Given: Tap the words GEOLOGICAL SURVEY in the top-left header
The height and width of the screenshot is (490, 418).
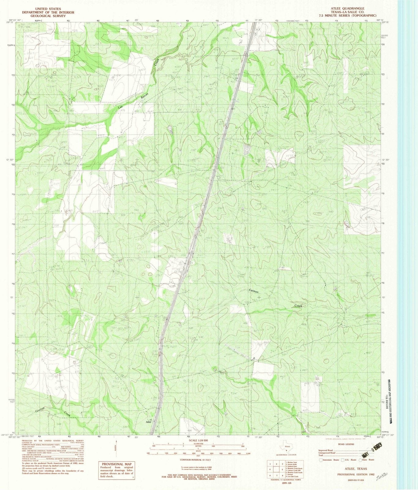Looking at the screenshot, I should [48, 16].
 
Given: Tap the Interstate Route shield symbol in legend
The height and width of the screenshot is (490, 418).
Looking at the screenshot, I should [320, 460].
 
